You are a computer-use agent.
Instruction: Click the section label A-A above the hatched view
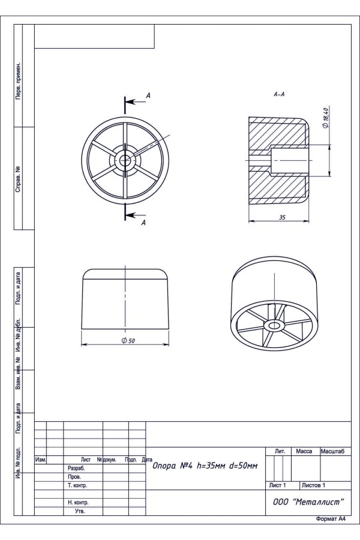point(279,94)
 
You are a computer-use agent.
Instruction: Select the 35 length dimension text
point(282,217)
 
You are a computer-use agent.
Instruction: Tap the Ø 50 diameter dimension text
point(128,341)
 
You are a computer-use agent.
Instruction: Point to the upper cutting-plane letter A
point(148,95)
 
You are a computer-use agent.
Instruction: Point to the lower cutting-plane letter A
point(143,223)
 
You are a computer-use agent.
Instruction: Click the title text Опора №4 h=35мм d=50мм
point(205,466)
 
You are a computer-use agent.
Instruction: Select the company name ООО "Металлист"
point(308,502)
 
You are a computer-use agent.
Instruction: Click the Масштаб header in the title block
point(332,451)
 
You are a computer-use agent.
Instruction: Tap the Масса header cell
point(304,451)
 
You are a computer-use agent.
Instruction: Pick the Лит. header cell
point(280,451)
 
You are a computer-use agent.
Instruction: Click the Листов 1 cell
point(313,485)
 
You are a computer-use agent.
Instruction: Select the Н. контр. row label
point(78,502)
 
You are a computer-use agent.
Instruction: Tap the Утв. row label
point(80,511)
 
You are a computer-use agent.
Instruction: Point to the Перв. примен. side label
point(18,81)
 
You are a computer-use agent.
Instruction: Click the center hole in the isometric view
point(274,325)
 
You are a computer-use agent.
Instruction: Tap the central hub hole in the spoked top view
point(125,159)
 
